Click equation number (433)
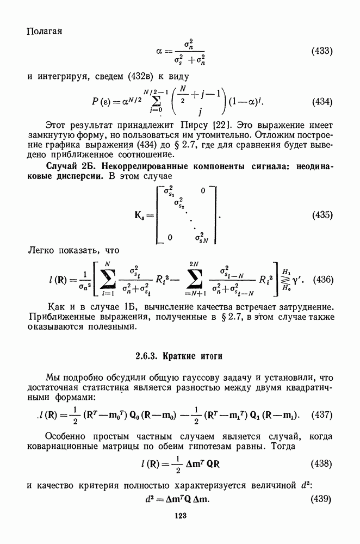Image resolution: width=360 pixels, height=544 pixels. coord(321,52)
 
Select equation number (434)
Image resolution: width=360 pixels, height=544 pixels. coord(321,102)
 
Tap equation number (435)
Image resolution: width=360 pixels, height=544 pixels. coord(321,215)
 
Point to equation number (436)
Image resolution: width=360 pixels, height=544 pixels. coord(321,280)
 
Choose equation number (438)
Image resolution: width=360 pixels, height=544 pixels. coord(321,463)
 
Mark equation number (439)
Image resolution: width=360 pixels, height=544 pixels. coord(321,499)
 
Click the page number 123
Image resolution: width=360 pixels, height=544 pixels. coord(180,516)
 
